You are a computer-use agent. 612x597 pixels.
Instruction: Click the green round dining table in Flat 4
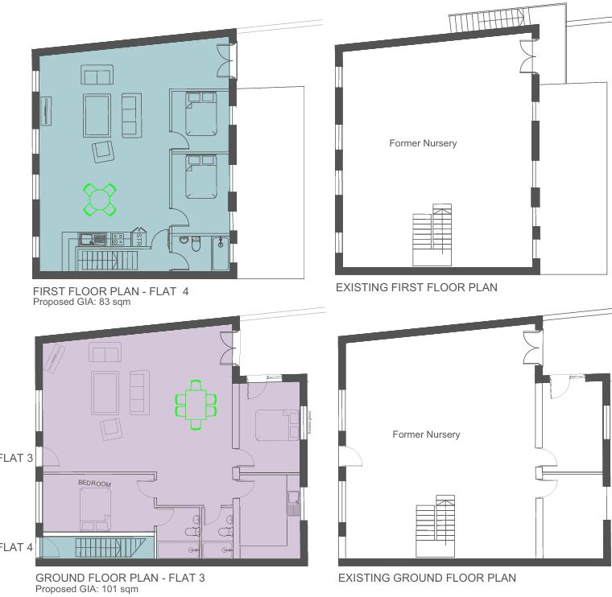tap(99, 199)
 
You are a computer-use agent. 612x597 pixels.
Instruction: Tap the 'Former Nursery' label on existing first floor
tap(423, 143)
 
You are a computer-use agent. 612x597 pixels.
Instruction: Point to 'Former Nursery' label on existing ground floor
tap(426, 434)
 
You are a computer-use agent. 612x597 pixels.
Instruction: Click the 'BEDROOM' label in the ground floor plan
tap(94, 484)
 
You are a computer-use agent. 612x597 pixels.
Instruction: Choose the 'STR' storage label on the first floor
tap(139, 239)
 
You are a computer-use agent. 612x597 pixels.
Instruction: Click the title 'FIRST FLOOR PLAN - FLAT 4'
tap(111, 291)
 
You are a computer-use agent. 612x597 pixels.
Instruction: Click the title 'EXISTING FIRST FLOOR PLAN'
tap(416, 287)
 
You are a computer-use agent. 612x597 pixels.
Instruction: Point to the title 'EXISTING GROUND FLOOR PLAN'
tap(427, 578)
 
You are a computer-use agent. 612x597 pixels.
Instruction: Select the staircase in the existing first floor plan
tap(432, 235)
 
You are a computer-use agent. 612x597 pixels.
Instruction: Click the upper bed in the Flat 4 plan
tap(201, 114)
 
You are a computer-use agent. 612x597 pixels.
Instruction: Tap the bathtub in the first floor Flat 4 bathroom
tap(221, 254)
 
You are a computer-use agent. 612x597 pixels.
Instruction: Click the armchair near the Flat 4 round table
tap(103, 151)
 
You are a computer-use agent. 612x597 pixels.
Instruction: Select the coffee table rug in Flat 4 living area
tap(97, 116)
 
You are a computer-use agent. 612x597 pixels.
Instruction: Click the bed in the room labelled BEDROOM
tap(95, 509)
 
